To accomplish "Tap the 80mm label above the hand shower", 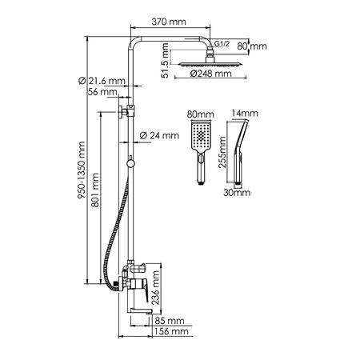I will (x=200, y=114).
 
